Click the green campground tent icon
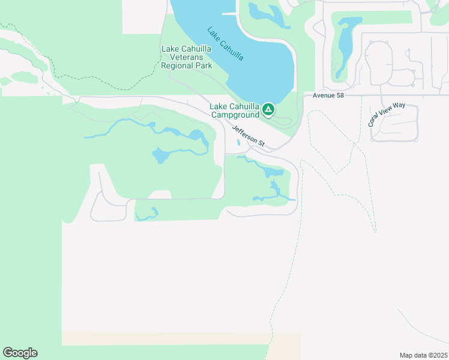[268, 110]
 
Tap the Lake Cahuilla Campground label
[235, 110]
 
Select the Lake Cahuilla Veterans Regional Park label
[187, 57]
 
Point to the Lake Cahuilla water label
[225, 43]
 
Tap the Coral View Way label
[387, 114]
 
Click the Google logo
[20, 353]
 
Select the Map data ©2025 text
[423, 355]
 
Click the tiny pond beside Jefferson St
[238, 143]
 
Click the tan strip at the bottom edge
[180, 338]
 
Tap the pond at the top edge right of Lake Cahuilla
[264, 12]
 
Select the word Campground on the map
[235, 114]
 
